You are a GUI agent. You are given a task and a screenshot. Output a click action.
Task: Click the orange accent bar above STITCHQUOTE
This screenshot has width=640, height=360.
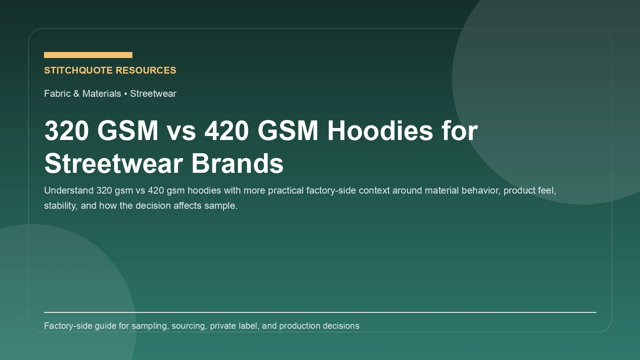[88, 55]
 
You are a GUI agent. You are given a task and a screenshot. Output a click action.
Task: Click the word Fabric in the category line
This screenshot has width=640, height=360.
[57, 94]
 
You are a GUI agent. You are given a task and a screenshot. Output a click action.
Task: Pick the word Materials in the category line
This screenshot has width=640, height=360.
[102, 94]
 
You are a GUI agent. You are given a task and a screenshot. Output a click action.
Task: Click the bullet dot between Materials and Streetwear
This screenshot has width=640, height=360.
[126, 94]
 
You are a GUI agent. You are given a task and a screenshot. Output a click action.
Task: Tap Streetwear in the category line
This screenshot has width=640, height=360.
[153, 94]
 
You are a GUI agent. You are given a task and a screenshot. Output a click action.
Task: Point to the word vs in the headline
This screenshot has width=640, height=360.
[181, 130]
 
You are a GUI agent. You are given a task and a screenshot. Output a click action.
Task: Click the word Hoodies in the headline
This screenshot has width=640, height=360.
[380, 130]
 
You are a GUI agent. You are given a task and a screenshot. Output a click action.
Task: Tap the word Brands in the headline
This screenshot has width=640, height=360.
[238, 164]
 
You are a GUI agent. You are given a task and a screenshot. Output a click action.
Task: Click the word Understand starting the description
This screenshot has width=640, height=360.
[69, 190]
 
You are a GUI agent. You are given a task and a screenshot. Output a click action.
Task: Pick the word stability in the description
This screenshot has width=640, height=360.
[60, 206]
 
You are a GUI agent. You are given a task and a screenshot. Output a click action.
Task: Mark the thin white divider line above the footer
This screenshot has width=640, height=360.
[320, 312]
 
